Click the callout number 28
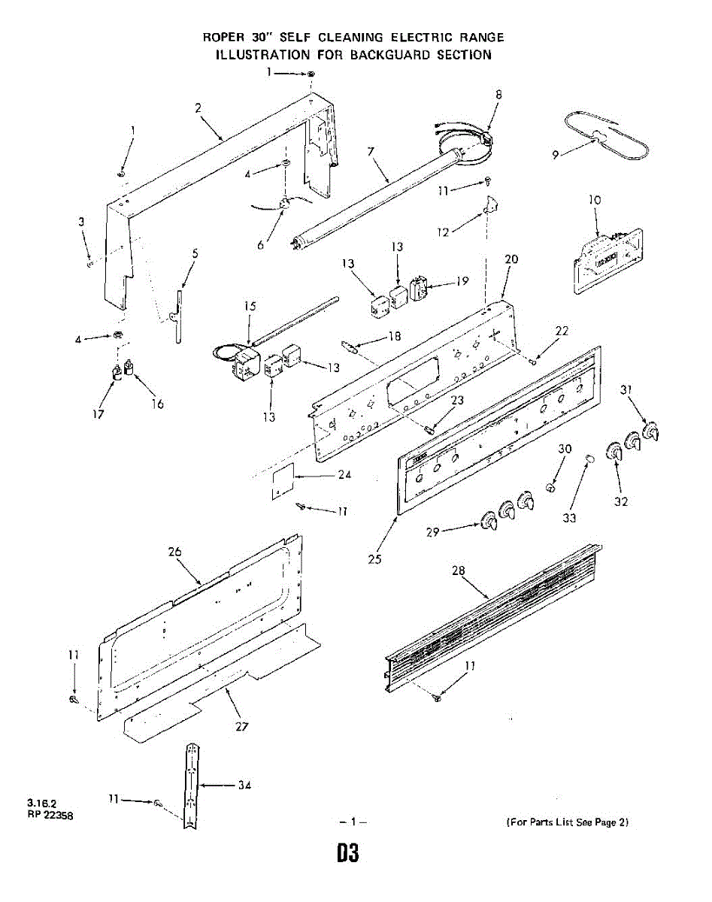[459, 571]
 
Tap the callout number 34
[244, 785]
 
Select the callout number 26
[174, 552]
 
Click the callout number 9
[555, 155]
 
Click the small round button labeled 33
[590, 458]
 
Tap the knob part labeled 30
[551, 488]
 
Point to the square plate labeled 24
[280, 480]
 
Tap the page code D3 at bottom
[347, 854]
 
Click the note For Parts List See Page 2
[568, 822]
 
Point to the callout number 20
[511, 259]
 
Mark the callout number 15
[250, 306]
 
